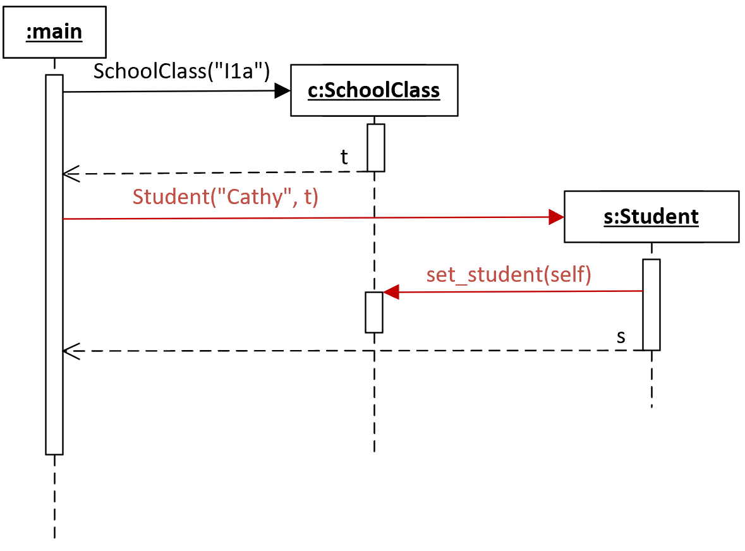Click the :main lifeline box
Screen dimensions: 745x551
[54, 32]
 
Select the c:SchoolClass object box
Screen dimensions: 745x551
[375, 90]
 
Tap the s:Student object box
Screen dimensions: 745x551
[651, 217]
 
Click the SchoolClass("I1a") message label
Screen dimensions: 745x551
[181, 71]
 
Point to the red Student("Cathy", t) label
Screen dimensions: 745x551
[225, 197]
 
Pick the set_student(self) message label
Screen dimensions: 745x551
[509, 274]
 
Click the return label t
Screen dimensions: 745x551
[344, 157]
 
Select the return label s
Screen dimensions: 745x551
[621, 337]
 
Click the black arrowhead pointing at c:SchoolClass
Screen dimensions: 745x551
[282, 91]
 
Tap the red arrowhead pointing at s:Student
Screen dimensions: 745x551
[556, 217]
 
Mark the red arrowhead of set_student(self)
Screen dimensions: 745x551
[391, 292]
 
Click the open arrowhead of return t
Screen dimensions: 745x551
[71, 174]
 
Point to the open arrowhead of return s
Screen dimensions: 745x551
[71, 351]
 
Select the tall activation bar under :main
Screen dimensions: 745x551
[54, 265]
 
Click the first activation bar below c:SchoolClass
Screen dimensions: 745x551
[376, 148]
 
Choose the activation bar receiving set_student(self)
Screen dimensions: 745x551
[374, 312]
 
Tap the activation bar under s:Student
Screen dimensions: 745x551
[651, 305]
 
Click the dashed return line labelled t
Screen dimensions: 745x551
[215, 173]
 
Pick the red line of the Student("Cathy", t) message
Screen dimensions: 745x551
[313, 218]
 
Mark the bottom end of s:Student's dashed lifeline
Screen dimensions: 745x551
[651, 407]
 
